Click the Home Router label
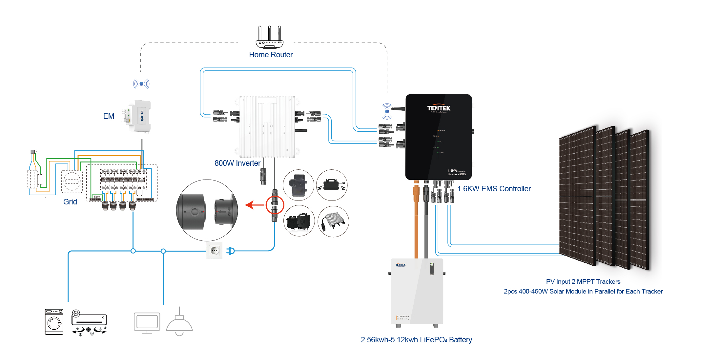271,55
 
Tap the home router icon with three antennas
269,38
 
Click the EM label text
109,116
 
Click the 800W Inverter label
237,163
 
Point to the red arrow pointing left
254,205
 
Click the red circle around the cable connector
275,205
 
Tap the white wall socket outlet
215,251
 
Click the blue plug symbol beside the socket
231,251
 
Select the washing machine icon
54,322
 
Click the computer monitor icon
147,323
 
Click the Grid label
70,202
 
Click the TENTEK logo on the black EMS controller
439,108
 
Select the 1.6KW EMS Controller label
494,189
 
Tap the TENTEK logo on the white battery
400,265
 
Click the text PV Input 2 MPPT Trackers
583,281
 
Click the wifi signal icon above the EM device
141,84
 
